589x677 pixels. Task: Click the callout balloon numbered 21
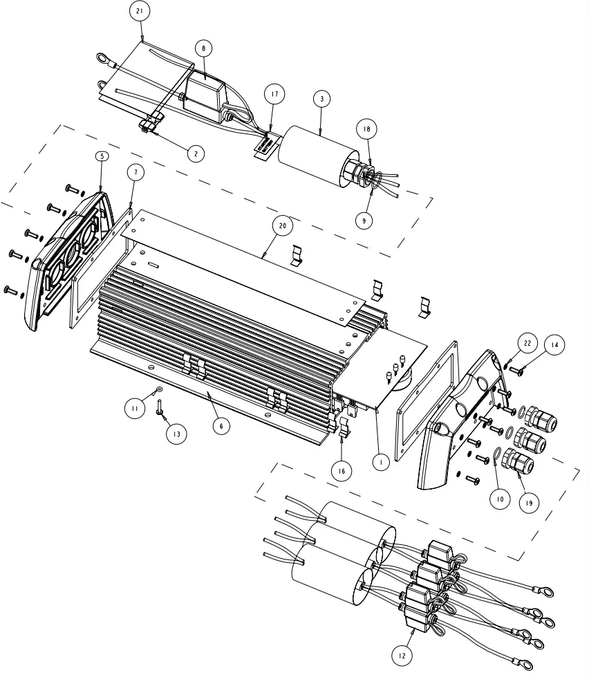click(x=140, y=12)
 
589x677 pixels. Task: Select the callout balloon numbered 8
click(x=203, y=48)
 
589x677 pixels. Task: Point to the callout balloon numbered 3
click(x=321, y=100)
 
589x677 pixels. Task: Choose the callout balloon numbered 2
click(x=196, y=154)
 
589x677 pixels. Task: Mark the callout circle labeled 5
click(x=102, y=156)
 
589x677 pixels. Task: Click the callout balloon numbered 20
click(x=281, y=225)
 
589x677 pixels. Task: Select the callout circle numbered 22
click(x=527, y=343)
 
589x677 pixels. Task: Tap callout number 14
click(x=554, y=343)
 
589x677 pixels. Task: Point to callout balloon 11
click(x=133, y=409)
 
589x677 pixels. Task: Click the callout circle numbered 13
click(x=177, y=434)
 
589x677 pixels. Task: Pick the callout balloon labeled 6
click(x=221, y=426)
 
